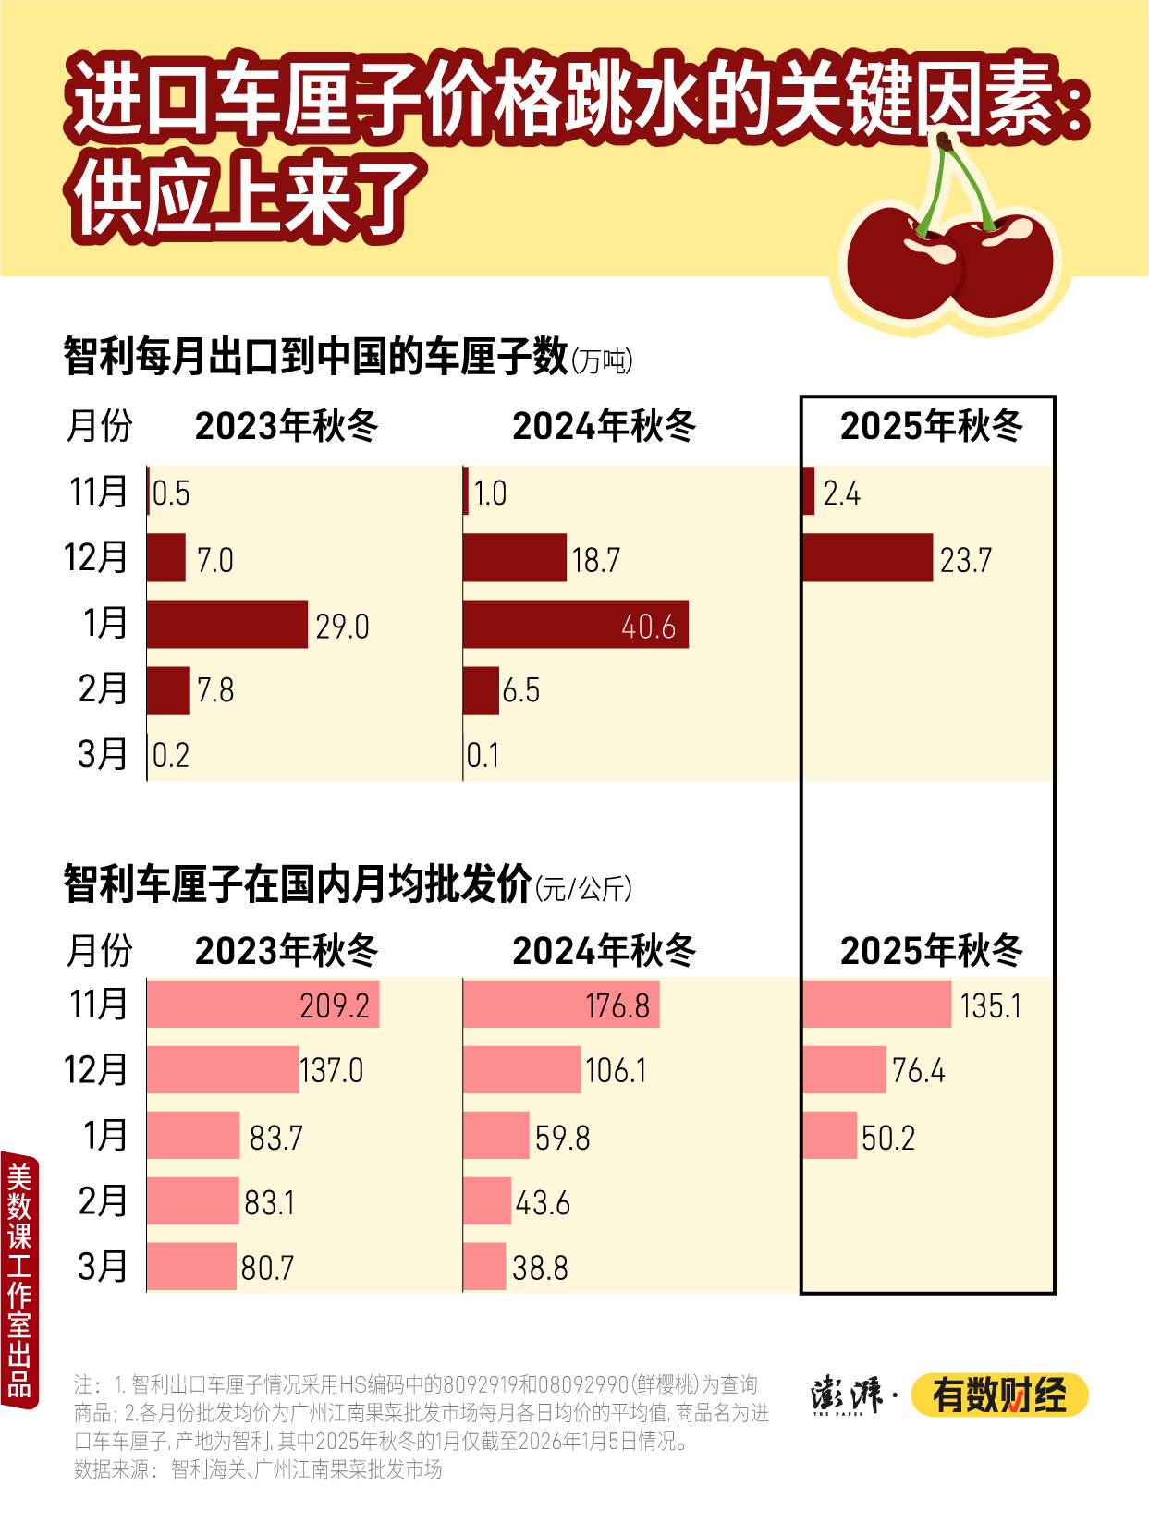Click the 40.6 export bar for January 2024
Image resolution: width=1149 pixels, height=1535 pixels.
click(x=575, y=624)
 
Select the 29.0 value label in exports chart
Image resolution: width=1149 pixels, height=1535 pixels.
click(x=342, y=627)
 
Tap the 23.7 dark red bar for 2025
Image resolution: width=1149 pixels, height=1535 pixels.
click(x=867, y=557)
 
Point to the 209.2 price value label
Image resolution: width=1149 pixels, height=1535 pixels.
click(x=335, y=1005)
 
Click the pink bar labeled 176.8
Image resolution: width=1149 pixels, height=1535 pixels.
click(x=560, y=1004)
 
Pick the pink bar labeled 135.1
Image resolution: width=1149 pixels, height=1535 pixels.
click(x=876, y=1004)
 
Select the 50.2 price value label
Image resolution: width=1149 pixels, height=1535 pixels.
click(x=887, y=1138)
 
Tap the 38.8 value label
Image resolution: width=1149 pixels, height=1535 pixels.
click(x=540, y=1268)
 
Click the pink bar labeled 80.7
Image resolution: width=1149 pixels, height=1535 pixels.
click(x=191, y=1266)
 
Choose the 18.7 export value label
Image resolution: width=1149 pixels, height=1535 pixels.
click(x=596, y=560)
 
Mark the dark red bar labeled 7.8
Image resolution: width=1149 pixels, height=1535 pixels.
click(x=168, y=690)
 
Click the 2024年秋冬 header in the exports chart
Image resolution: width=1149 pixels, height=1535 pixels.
click(x=604, y=426)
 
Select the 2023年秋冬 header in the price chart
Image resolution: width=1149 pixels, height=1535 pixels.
click(x=287, y=950)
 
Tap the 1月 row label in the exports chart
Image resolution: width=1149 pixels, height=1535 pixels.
click(x=104, y=623)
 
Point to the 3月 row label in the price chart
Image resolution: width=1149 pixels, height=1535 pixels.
click(x=102, y=1266)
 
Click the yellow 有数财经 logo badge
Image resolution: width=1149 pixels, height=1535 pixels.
click(x=999, y=1395)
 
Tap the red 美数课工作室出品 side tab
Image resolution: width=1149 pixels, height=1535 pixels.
click(x=19, y=1279)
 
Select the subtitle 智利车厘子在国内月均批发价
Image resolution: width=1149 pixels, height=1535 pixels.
click(x=297, y=884)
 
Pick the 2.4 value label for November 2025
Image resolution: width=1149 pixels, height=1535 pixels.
click(x=841, y=493)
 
